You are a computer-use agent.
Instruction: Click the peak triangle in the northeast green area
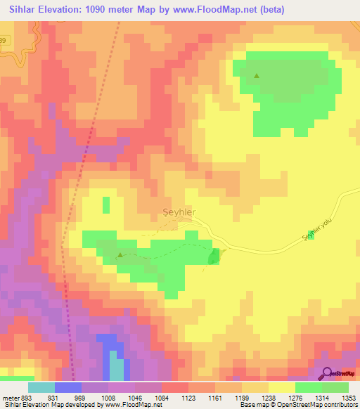(x=257, y=76)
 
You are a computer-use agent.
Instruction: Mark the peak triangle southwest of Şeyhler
(x=120, y=255)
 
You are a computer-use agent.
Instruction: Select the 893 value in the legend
(x=22, y=398)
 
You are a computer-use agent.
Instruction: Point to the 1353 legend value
(x=348, y=398)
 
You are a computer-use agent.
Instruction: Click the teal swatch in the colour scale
(x=41, y=387)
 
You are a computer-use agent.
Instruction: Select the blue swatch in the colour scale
(x=68, y=387)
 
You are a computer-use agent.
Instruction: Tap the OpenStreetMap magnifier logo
(x=327, y=374)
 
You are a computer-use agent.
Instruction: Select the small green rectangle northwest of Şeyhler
(x=106, y=205)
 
